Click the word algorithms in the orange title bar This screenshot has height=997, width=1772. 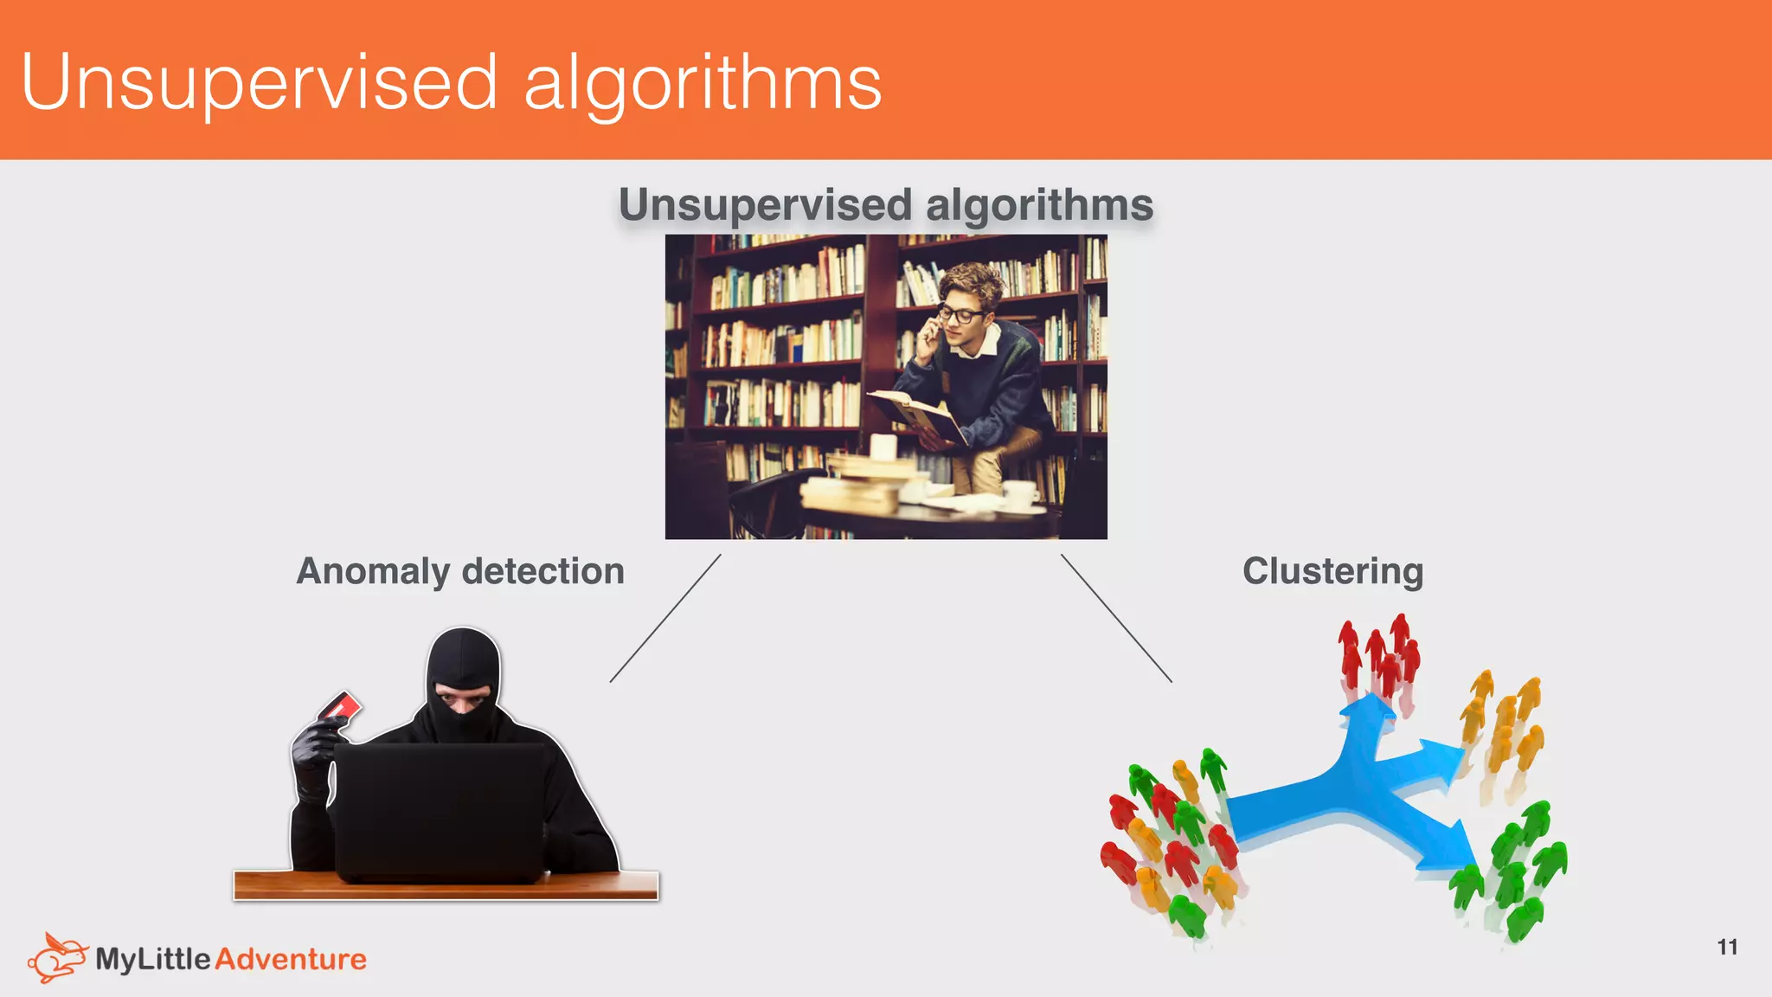(x=703, y=83)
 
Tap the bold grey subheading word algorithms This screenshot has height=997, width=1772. (x=1039, y=205)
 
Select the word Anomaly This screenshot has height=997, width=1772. (x=373, y=571)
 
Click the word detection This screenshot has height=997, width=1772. (x=543, y=571)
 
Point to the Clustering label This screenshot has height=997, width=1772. (x=1332, y=571)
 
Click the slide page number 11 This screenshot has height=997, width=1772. (x=1727, y=947)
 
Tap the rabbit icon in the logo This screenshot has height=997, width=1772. (x=57, y=957)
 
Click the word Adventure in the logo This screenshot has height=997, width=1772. (x=291, y=959)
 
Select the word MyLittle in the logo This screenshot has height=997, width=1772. (x=153, y=959)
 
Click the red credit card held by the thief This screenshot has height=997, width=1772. (x=340, y=708)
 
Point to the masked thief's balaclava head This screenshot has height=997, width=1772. (x=464, y=679)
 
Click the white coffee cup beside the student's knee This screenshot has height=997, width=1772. (x=1020, y=495)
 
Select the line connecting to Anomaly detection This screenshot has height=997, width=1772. (x=665, y=618)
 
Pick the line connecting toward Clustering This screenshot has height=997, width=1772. (x=1116, y=618)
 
